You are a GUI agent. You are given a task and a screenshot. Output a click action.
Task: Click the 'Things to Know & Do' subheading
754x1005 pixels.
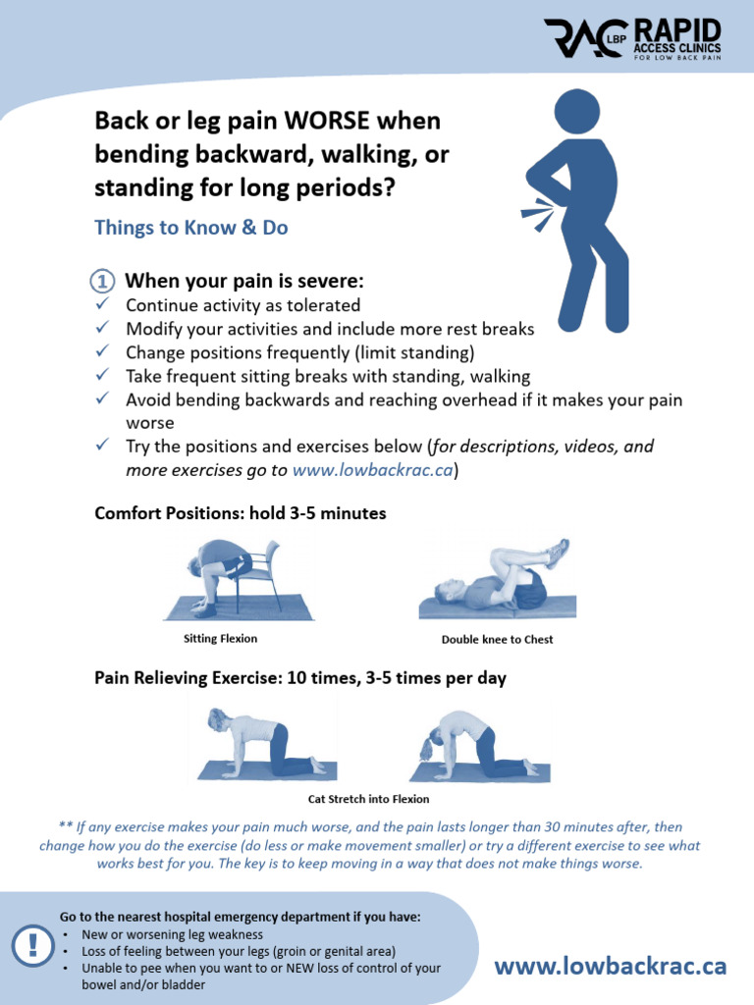point(190,227)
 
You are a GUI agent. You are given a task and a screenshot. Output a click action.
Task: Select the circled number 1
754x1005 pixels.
point(103,281)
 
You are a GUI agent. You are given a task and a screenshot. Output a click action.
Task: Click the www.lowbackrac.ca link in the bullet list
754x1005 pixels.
point(373,469)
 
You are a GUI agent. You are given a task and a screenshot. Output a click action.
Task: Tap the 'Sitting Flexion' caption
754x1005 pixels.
point(221,639)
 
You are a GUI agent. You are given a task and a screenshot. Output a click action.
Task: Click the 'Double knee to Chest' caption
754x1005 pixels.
point(497,640)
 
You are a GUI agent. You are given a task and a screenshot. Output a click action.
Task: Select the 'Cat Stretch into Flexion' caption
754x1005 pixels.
point(369,799)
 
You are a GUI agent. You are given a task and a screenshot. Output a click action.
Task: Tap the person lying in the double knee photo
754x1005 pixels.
point(496,587)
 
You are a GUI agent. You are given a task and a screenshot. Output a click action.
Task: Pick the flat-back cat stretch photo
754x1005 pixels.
point(265,747)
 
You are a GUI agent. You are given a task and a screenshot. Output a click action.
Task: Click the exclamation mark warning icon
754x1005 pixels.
point(33,946)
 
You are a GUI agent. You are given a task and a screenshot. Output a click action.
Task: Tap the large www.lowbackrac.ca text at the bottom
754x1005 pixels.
point(610,967)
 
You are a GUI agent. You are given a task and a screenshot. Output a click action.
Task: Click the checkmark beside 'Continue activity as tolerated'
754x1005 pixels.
point(103,305)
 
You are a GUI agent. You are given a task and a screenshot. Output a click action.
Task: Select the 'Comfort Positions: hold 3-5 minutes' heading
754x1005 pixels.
point(241,513)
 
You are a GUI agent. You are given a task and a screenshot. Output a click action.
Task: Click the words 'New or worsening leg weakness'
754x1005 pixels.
point(172,934)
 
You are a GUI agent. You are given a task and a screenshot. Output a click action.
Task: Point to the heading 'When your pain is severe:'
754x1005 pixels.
point(244,281)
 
